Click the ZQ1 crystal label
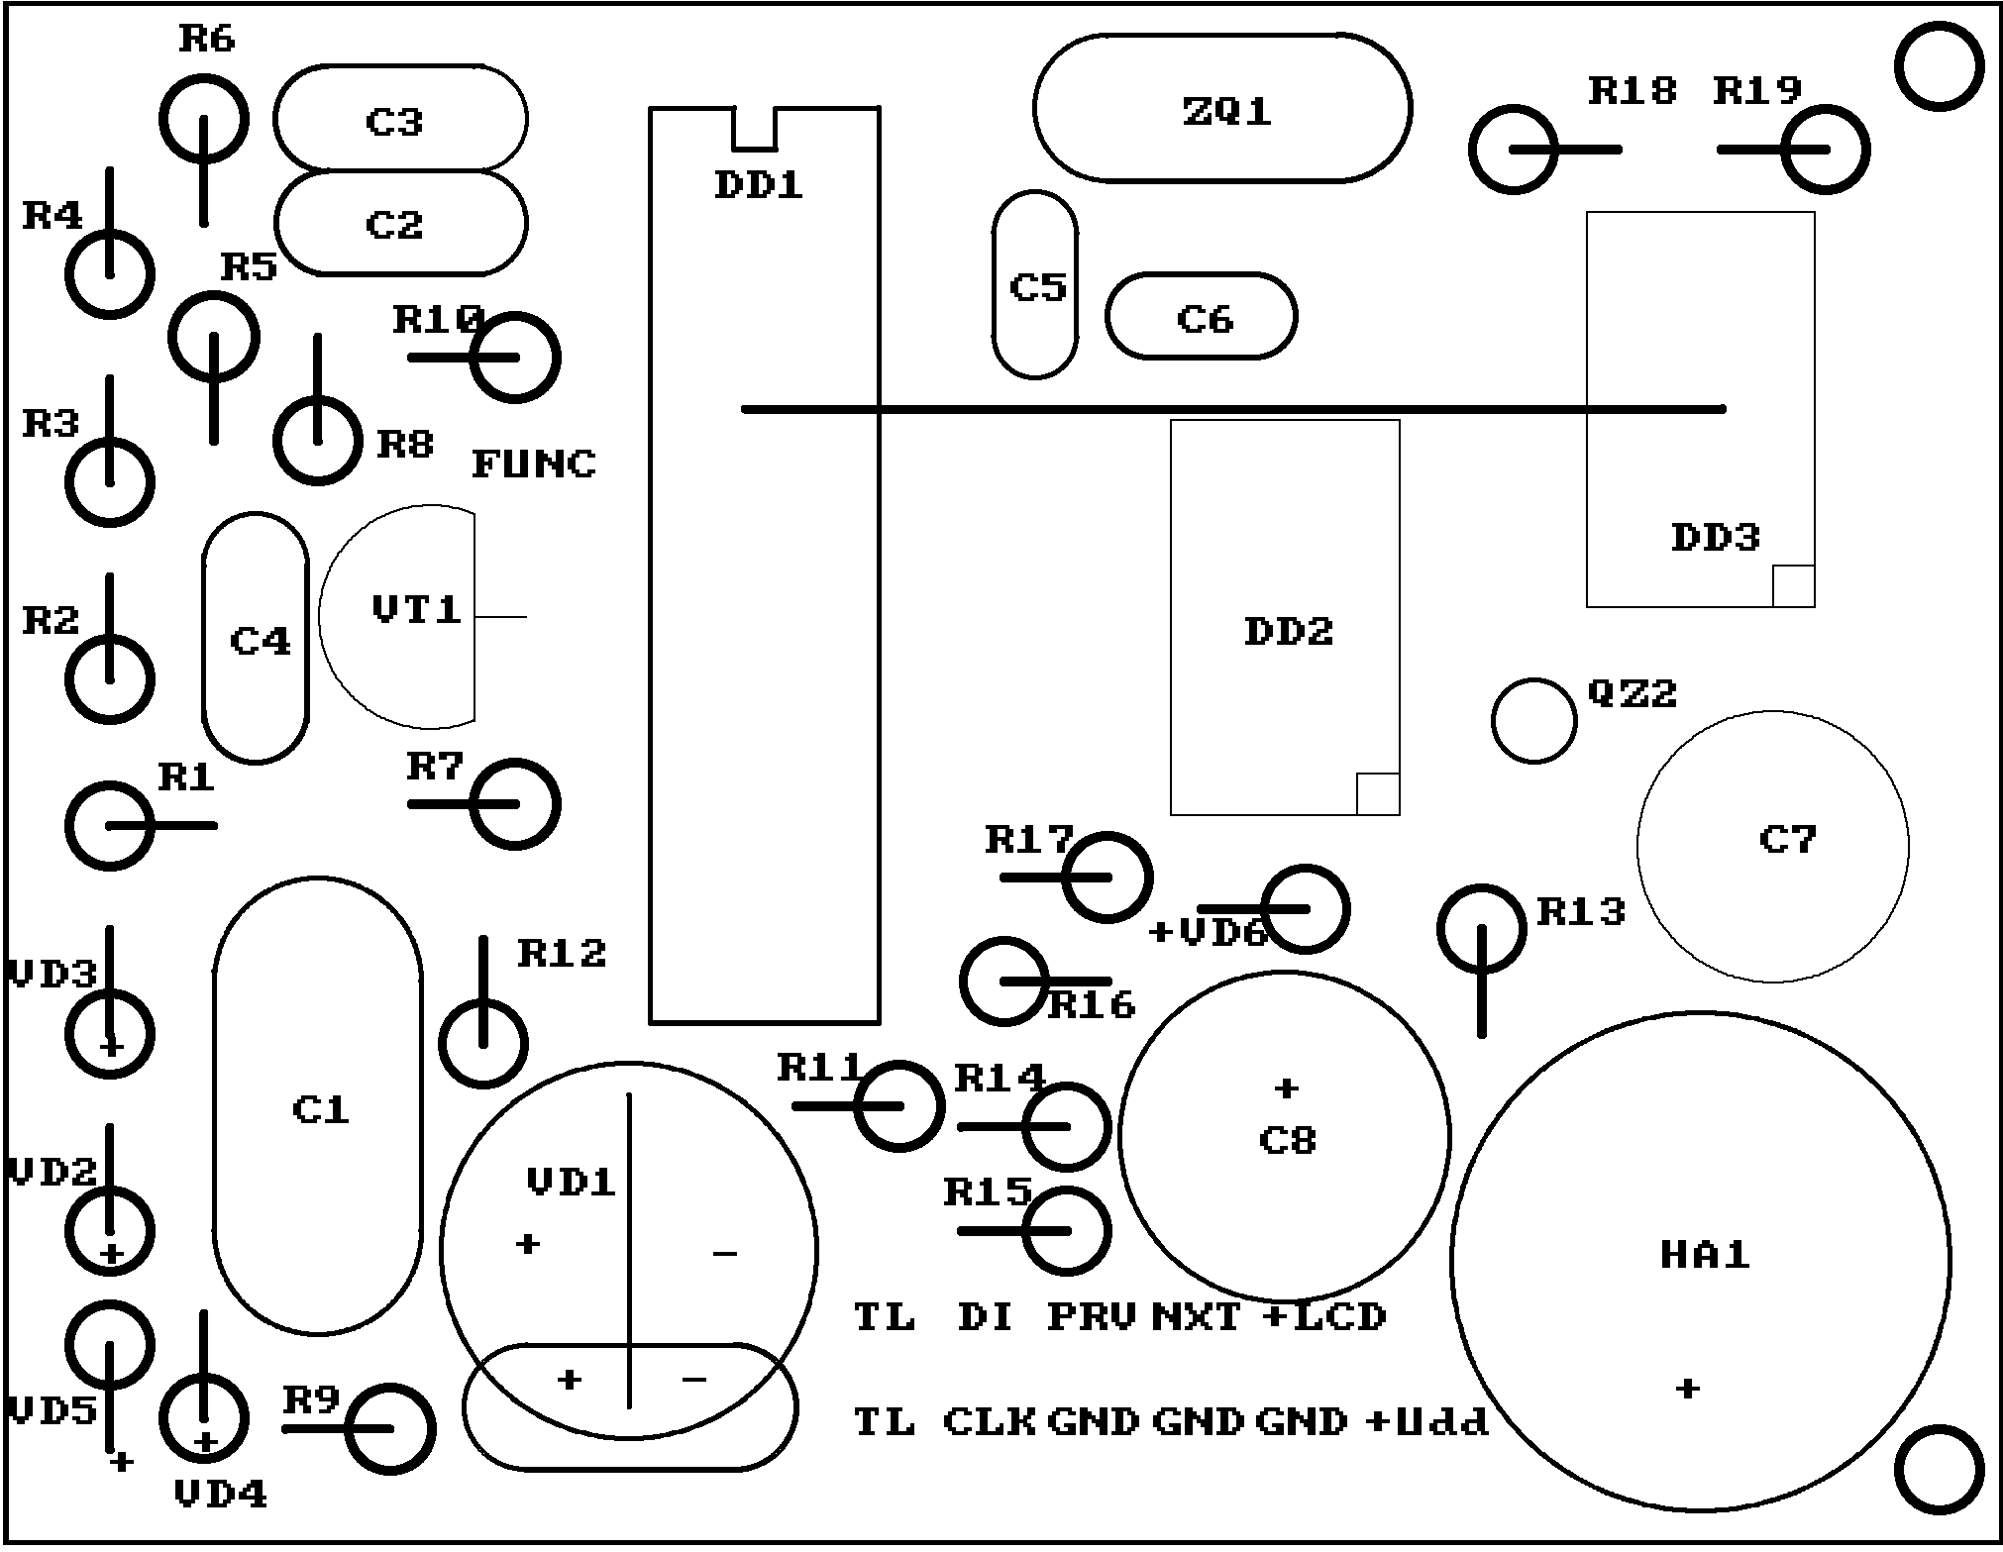click(x=1226, y=111)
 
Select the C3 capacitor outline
click(x=400, y=119)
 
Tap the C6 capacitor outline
click(x=1201, y=317)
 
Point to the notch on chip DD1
click(x=755, y=129)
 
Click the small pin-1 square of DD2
click(x=1377, y=793)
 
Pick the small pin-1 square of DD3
click(x=1793, y=585)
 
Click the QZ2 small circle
click(x=1533, y=720)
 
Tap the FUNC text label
click(x=534, y=464)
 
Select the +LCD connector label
click(x=1324, y=1316)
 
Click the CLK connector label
click(x=990, y=1421)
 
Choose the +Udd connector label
click(x=1426, y=1421)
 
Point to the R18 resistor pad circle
click(x=1513, y=150)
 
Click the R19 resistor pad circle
click(x=1826, y=150)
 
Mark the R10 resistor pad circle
click(x=515, y=357)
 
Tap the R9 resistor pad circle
click(x=390, y=1428)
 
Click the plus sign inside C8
click(x=1286, y=1088)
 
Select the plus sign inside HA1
click(x=1688, y=1388)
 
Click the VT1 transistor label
click(x=417, y=609)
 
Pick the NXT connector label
click(x=1196, y=1316)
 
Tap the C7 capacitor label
click(x=1788, y=840)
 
